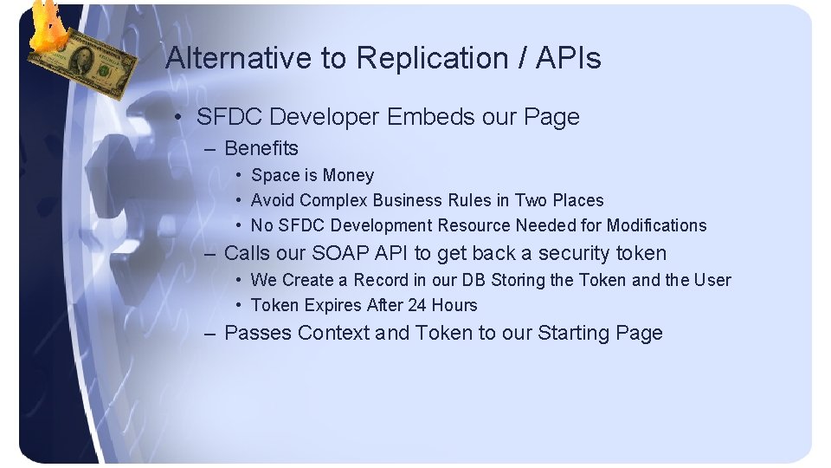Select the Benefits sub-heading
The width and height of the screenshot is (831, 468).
(x=261, y=148)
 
